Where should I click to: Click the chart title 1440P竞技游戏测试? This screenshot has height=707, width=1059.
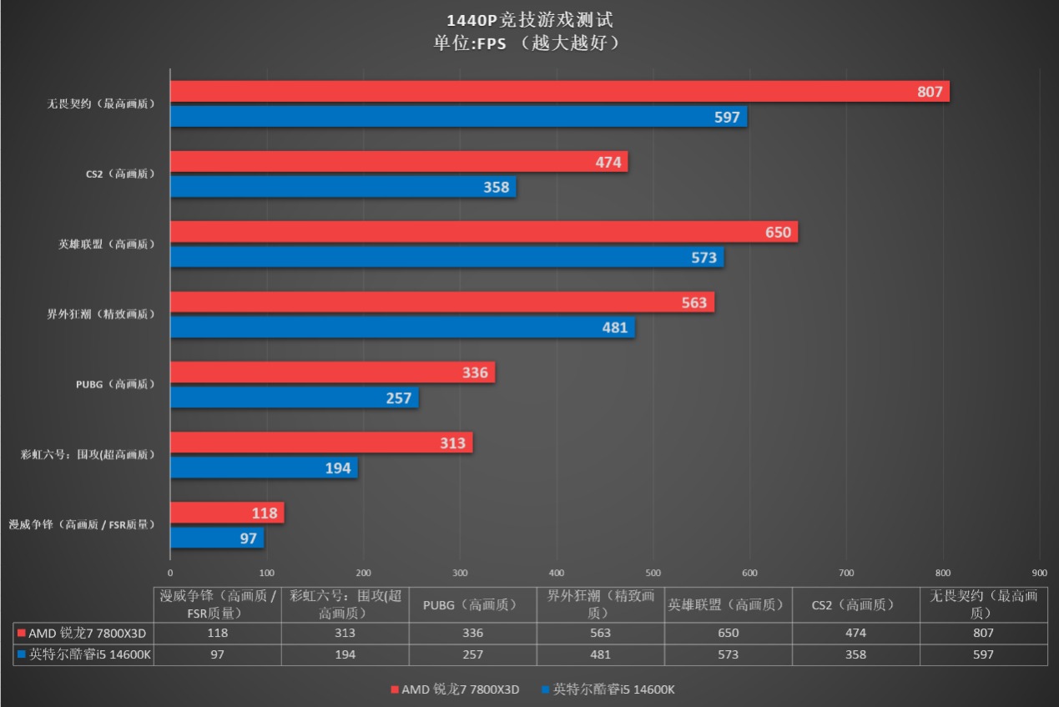(529, 20)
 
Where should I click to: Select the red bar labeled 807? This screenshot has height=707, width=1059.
(559, 92)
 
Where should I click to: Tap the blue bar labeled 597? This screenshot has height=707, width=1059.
(458, 117)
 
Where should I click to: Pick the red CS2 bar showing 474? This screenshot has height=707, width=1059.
(399, 162)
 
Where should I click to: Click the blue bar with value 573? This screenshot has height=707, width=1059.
(446, 257)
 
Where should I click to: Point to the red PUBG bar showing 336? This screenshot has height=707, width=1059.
(332, 372)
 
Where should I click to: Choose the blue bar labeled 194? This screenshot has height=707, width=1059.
(264, 468)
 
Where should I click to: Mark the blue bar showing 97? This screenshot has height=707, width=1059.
(217, 538)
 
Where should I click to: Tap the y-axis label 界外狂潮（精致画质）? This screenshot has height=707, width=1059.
(101, 315)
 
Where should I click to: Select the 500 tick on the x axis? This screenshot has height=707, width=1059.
(653, 573)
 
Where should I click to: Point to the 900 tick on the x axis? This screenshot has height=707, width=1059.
(1039, 573)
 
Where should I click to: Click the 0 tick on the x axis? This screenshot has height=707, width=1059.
(170, 573)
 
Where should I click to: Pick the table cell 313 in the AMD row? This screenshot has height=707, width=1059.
(345, 633)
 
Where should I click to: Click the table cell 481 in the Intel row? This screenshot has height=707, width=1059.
(600, 654)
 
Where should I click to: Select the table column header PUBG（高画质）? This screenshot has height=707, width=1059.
(472, 604)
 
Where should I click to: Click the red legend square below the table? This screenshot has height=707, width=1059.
(395, 689)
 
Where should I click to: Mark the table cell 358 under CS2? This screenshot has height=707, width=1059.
(855, 654)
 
